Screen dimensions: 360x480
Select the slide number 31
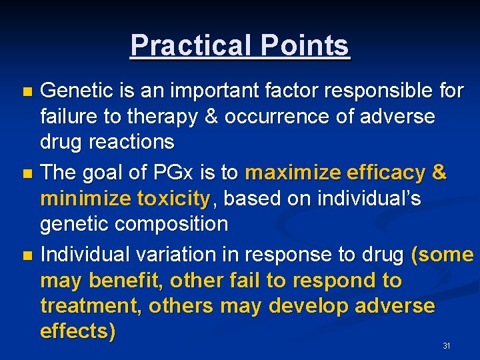point(447,346)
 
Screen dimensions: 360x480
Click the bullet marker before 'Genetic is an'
point(27,91)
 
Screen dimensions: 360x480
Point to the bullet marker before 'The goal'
point(27,174)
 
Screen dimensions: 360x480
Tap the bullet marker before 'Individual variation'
point(27,256)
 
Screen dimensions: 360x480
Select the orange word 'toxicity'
point(173,199)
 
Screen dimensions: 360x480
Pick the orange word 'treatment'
point(91,306)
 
